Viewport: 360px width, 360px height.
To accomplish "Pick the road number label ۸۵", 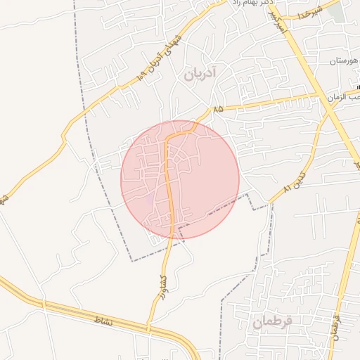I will pos(217,109).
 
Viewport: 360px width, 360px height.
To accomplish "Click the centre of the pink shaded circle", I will pos(180,179).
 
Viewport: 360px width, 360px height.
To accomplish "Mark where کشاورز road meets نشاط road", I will pos(148,328).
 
